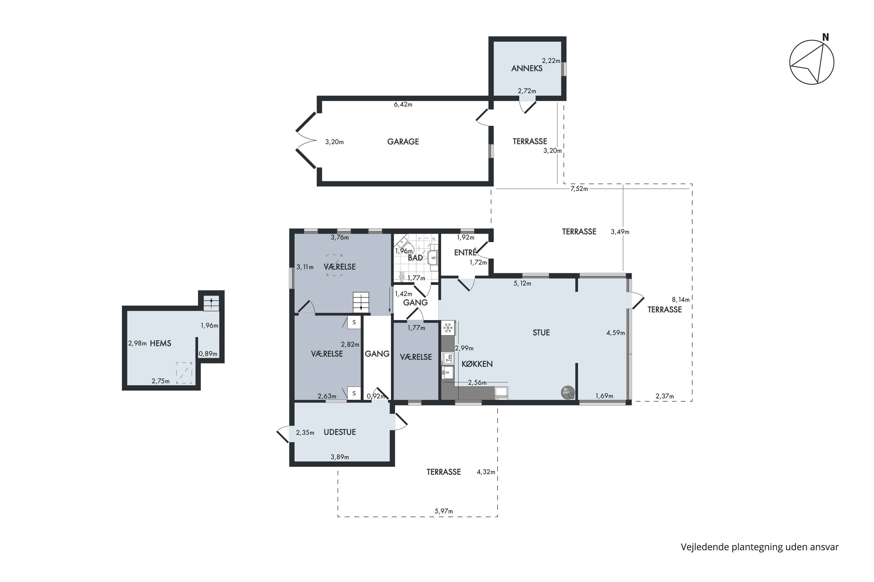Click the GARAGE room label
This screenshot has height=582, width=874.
pos(403,141)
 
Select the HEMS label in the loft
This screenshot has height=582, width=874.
pos(161,343)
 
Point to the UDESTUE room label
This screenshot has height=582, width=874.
pos(340,432)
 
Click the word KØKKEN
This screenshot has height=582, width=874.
pos(477,364)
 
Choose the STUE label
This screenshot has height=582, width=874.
pos(541,333)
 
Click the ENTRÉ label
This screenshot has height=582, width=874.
pos(465,252)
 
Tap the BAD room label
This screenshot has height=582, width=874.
pos(415,258)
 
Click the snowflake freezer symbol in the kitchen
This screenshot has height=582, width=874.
pos(448,328)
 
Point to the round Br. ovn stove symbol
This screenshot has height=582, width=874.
pos(568,392)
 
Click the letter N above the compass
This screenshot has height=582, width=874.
pos(825,37)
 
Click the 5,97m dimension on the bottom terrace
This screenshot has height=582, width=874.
pos(444,511)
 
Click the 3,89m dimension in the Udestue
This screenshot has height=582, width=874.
pos(340,457)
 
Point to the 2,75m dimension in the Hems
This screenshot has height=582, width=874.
pos(161,381)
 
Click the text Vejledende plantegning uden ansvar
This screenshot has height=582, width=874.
pos(760,547)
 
